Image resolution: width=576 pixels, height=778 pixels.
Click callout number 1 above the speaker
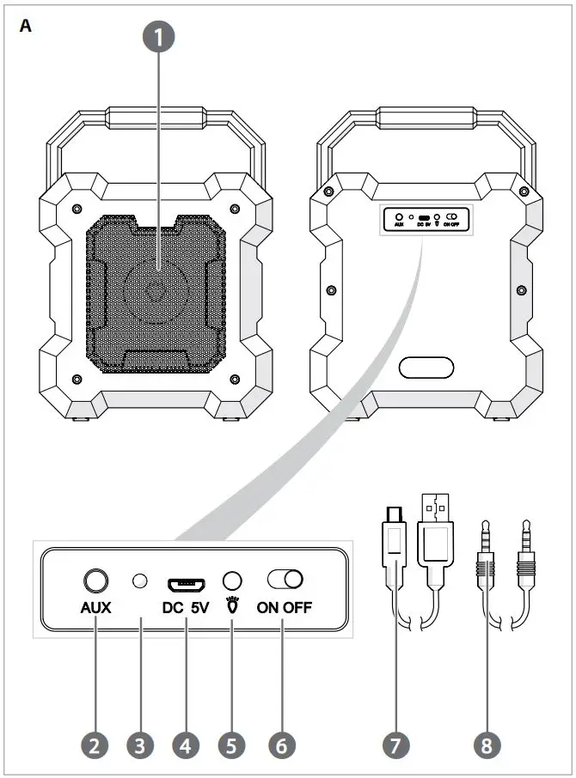coord(157,38)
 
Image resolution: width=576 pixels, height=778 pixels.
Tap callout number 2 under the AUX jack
coord(94,744)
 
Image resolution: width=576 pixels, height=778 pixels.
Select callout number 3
coord(139,744)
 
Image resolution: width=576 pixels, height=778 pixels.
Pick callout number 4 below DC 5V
coord(185,744)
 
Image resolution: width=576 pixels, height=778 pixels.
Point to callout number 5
coord(230,744)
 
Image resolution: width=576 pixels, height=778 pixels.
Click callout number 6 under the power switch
coord(281,744)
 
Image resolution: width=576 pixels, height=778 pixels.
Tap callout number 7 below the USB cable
coord(395,744)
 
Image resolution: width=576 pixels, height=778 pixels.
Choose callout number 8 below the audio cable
coord(487,744)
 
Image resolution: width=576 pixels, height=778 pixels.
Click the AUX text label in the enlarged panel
coord(95,608)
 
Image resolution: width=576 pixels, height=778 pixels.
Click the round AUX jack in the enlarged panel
coord(95,580)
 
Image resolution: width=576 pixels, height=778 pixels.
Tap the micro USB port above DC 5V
coord(185,584)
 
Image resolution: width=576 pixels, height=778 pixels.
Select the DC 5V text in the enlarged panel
coord(185,608)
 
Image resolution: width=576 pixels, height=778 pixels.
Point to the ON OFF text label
coord(284,608)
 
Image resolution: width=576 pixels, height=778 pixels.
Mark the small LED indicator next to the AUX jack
coord(139,582)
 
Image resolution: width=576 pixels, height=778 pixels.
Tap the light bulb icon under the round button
coord(230,607)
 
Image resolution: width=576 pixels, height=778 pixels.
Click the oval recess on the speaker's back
coord(426,368)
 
